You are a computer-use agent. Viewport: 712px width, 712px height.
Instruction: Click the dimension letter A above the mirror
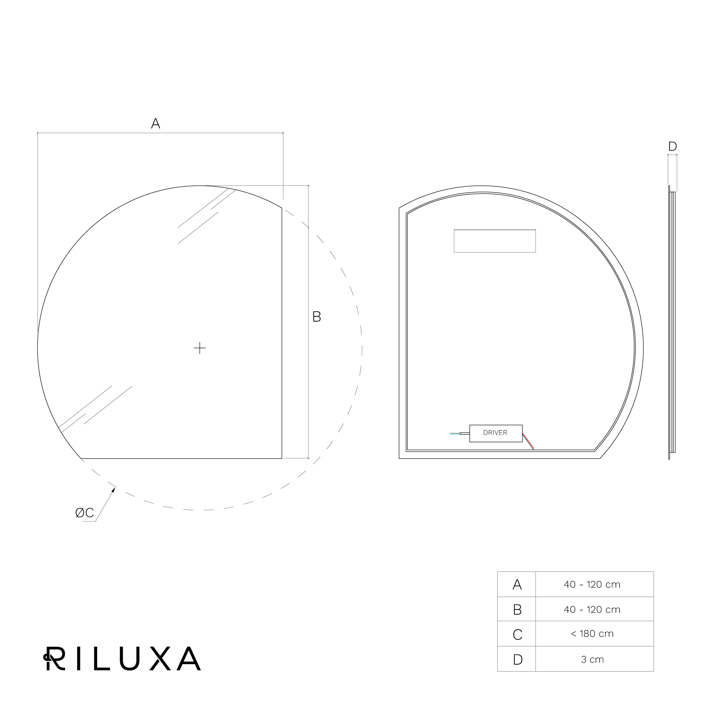coord(155,123)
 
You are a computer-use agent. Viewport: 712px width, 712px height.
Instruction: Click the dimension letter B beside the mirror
coord(317,317)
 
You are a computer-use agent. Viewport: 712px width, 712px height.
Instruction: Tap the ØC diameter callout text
coord(85,513)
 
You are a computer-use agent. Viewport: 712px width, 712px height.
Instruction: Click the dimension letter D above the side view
coord(672,146)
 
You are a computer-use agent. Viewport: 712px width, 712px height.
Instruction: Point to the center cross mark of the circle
coord(200,348)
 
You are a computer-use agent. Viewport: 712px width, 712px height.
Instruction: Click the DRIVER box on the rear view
coord(496,433)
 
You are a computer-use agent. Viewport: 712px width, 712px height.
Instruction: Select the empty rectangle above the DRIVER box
coord(495,241)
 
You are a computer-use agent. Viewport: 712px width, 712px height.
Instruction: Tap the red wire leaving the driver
coord(528,441)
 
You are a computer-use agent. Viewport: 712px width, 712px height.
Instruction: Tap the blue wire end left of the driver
coord(455,433)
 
